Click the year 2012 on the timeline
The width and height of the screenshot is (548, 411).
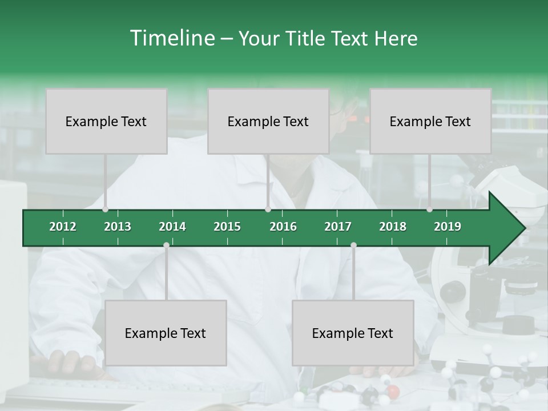point(63,227)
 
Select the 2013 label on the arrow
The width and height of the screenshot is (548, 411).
point(118,227)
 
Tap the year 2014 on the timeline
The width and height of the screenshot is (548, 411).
point(172,227)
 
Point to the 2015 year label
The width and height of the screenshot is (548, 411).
point(227,227)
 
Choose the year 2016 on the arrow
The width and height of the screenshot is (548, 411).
point(283,227)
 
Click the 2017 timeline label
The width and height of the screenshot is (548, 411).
point(338,227)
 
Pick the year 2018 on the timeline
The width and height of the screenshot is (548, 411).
point(393,227)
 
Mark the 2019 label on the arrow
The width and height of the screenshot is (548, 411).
point(448,227)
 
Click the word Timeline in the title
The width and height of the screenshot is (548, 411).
point(171,38)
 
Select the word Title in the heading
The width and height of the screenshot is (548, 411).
point(306,38)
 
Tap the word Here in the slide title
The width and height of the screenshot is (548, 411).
point(396,38)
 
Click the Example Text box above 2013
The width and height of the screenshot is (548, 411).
point(106,121)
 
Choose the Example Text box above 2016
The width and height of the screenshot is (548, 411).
point(268,121)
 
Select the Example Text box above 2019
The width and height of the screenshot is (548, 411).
point(430,121)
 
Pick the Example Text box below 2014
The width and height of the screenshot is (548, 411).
point(166,333)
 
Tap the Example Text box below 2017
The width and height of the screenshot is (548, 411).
point(353,333)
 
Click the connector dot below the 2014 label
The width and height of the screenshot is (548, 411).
point(166,245)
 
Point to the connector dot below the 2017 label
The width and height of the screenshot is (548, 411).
point(353,245)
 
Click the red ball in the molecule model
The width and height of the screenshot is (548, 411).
point(393,391)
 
